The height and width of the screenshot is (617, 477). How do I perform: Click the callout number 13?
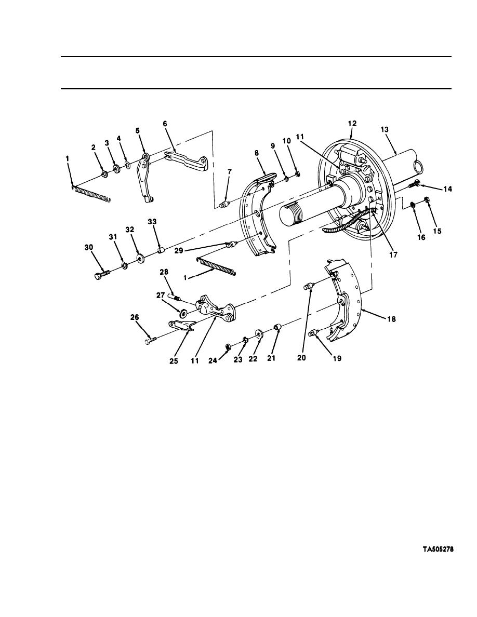(x=385, y=129)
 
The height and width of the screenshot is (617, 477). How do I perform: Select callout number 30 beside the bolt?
(x=88, y=247)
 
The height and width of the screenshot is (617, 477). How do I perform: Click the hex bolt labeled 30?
(x=101, y=274)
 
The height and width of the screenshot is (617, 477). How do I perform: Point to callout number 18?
(x=391, y=319)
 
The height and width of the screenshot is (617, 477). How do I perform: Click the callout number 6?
(x=165, y=124)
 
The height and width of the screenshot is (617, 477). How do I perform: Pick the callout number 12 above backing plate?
(x=352, y=124)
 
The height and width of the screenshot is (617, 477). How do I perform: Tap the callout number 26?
(x=135, y=317)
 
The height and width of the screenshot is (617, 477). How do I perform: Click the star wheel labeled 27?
(x=183, y=314)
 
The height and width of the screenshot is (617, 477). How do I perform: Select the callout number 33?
(x=152, y=222)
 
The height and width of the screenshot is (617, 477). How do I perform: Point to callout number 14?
(x=447, y=189)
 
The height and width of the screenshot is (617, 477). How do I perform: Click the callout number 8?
(x=257, y=153)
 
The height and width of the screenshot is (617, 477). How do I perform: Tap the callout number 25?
(x=174, y=361)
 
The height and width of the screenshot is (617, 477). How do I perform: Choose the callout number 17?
(x=393, y=254)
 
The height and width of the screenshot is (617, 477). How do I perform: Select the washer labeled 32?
(x=140, y=259)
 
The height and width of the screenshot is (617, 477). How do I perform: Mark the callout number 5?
(x=137, y=131)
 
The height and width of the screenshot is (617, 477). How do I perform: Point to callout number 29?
(x=179, y=250)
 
